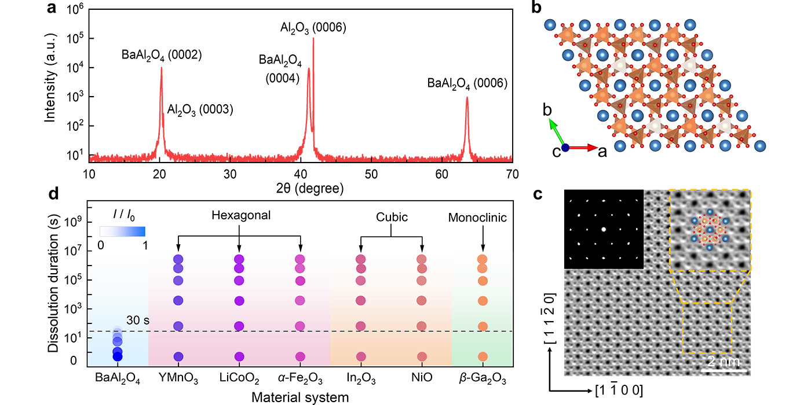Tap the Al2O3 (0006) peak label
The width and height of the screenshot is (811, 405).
313,27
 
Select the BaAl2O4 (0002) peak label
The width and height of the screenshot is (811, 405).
161,56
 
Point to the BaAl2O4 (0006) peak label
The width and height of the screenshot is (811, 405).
467,83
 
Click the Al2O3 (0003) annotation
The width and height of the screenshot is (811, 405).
200,109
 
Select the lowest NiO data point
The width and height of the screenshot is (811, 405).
422,356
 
